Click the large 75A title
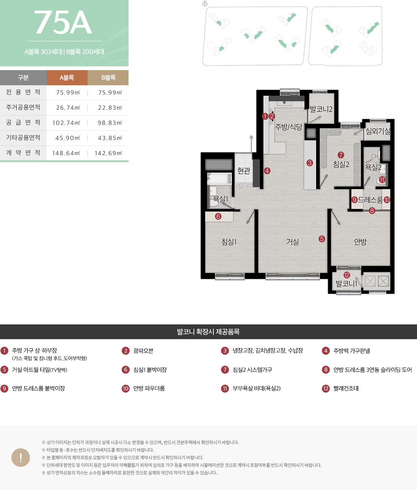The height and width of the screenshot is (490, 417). pyautogui.click(x=63, y=22)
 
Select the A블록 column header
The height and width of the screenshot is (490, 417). pyautogui.click(x=67, y=78)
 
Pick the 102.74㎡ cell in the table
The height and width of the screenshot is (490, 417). pyautogui.click(x=66, y=123)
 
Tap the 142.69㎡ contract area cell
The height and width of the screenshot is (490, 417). pyautogui.click(x=108, y=153)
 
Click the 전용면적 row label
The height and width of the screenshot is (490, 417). pyautogui.click(x=23, y=92)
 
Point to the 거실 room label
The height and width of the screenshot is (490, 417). pyautogui.click(x=293, y=241)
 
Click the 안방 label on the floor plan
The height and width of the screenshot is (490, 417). pyautogui.click(x=360, y=241)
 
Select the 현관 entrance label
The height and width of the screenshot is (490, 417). pyautogui.click(x=244, y=171)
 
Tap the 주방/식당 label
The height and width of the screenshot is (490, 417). pyautogui.click(x=288, y=127)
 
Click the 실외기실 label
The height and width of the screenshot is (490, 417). pyautogui.click(x=378, y=131)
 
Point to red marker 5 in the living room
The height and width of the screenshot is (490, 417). pyautogui.click(x=321, y=239)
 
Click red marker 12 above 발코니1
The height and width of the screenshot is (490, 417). pyautogui.click(x=347, y=275)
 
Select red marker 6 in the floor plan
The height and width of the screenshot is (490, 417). pyautogui.click(x=218, y=216)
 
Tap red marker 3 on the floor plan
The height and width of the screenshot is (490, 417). pyautogui.click(x=310, y=163)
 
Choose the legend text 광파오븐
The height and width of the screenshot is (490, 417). pyautogui.click(x=143, y=351)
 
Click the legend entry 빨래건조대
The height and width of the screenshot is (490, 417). pyautogui.click(x=346, y=388)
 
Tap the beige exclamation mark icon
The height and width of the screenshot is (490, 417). pyautogui.click(x=20, y=457)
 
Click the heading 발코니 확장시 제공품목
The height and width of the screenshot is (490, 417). pyautogui.click(x=208, y=332)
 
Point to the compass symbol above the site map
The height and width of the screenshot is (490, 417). pyautogui.click(x=205, y=3)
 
